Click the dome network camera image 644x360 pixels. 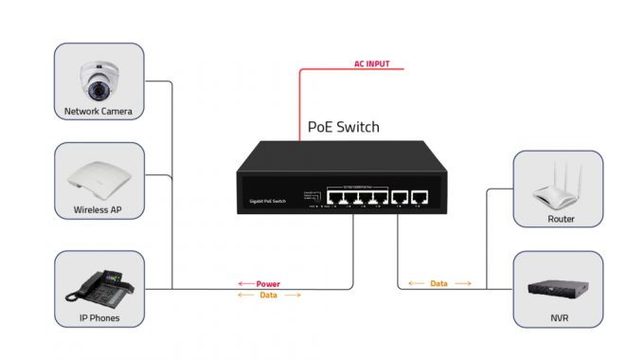(x=98, y=80)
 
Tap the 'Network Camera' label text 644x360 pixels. (x=98, y=112)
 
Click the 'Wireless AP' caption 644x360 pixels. (x=98, y=210)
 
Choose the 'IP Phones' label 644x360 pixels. (x=98, y=319)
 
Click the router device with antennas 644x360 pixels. (x=559, y=188)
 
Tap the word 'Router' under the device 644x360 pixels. (x=560, y=219)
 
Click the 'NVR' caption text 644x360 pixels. (x=560, y=319)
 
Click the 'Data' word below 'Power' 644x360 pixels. (x=268, y=296)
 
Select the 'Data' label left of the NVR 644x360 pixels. (x=438, y=283)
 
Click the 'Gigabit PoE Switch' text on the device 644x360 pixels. (x=267, y=201)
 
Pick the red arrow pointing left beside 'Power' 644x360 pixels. (x=243, y=283)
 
